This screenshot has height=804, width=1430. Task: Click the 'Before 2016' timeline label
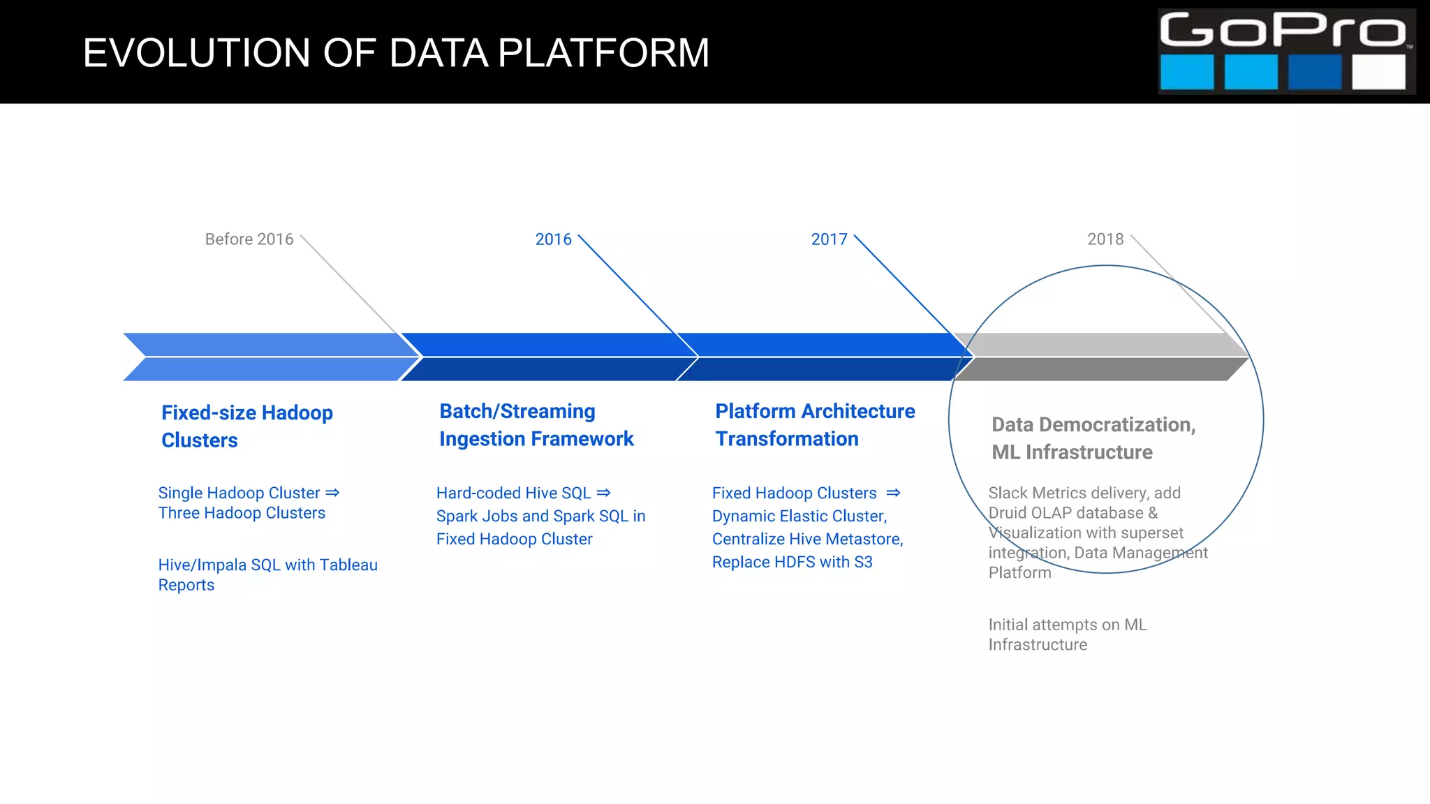[249, 239]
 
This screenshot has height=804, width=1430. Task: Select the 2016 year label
[553, 239]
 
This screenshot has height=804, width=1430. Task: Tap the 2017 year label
[829, 239]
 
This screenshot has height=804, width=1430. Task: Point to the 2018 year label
[1105, 239]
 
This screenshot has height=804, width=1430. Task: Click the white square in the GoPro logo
[1378, 72]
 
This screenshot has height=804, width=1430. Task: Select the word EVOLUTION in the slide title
[196, 53]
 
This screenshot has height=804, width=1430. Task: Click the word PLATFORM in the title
[603, 53]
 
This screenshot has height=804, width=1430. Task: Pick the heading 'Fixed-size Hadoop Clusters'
[246, 426]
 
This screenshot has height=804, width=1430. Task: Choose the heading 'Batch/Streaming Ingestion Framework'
[536, 425]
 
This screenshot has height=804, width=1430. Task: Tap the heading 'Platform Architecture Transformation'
[814, 425]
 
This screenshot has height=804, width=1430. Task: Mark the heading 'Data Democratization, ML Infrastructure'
[1093, 438]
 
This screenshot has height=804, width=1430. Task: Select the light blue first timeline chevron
[269, 357]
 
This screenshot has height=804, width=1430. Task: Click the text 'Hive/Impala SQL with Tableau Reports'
[267, 574]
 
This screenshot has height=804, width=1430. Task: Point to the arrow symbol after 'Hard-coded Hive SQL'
[604, 493]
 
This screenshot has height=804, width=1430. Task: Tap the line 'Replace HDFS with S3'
[792, 562]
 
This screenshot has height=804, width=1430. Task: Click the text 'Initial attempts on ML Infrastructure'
[1067, 634]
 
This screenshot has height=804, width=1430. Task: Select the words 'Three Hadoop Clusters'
[242, 513]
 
